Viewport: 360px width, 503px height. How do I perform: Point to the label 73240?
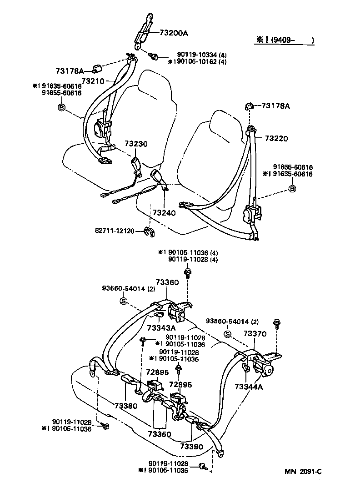pyautogui.click(x=164, y=212)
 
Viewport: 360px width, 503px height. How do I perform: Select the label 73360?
pyautogui.click(x=167, y=282)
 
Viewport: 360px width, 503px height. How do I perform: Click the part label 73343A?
pyautogui.click(x=161, y=328)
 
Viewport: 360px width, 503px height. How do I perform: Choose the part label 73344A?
pyautogui.click(x=249, y=387)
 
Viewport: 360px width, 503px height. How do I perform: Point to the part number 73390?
pyautogui.click(x=192, y=447)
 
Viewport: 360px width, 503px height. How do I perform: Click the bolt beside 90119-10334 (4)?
pyautogui.click(x=154, y=56)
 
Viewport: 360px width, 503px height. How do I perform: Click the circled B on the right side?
pyautogui.click(x=292, y=189)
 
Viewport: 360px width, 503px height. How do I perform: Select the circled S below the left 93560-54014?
pyautogui.click(x=123, y=301)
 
